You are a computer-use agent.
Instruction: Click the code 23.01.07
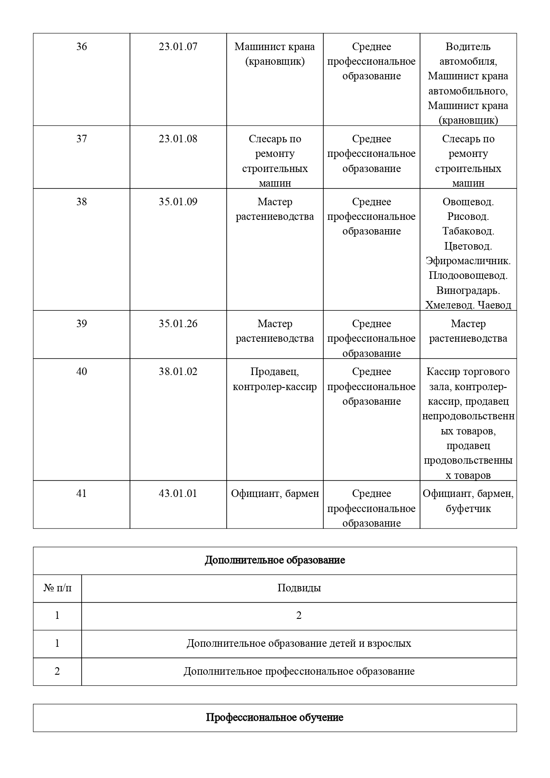click(x=178, y=47)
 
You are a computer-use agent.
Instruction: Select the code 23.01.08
click(x=178, y=139)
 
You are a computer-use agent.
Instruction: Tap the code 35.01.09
click(x=178, y=202)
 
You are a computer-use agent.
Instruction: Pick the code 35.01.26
click(x=178, y=324)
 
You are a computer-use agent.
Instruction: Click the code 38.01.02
click(x=178, y=371)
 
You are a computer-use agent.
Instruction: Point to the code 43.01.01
click(x=178, y=493)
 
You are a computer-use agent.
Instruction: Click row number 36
click(x=82, y=47)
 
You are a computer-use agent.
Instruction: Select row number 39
click(x=82, y=324)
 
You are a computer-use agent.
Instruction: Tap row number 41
click(x=82, y=493)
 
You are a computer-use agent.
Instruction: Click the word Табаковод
click(x=468, y=231)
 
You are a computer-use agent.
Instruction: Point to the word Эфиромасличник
click(x=468, y=261)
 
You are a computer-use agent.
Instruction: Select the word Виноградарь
click(x=468, y=290)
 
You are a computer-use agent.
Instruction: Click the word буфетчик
click(x=468, y=508)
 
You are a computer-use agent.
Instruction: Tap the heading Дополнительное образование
click(x=275, y=560)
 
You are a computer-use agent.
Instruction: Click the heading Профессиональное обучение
click(x=275, y=717)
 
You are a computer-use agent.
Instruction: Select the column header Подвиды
click(x=299, y=588)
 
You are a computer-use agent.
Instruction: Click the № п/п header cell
click(x=57, y=588)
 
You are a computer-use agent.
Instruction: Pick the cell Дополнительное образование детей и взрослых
click(x=299, y=643)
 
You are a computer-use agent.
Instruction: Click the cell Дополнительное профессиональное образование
click(x=299, y=671)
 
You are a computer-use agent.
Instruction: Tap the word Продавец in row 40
click(x=275, y=371)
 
